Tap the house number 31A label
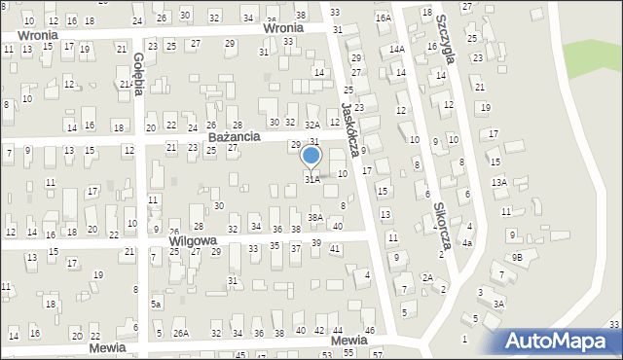click(311, 179)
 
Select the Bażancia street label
click(234, 137)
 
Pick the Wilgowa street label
click(196, 239)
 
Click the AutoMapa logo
click(561, 342)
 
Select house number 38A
click(315, 217)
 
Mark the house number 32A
click(312, 125)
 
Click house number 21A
click(126, 85)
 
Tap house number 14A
click(396, 49)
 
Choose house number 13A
click(498, 182)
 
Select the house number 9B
click(518, 257)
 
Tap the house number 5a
click(155, 304)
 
